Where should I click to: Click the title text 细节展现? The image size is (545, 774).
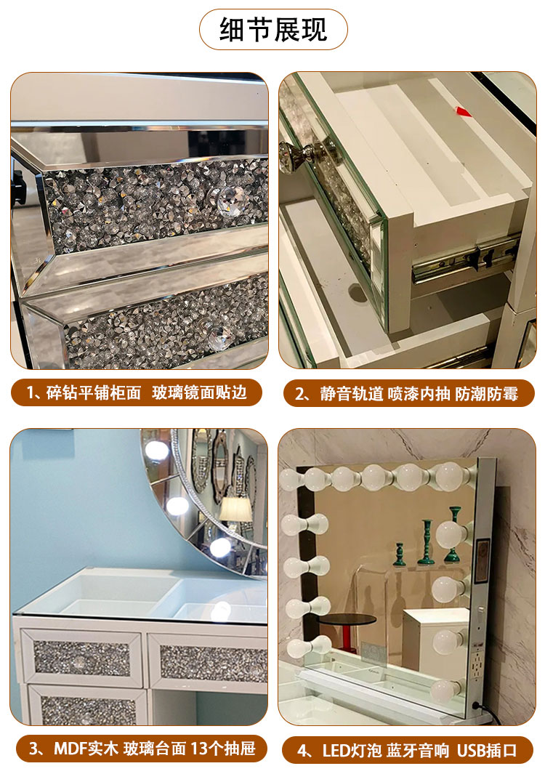pyautogui.click(x=273, y=29)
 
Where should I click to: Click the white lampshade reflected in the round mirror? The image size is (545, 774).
pyautogui.click(x=235, y=509)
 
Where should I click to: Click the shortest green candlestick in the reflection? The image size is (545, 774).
pyautogui.click(x=400, y=554)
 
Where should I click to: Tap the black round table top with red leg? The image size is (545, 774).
pyautogui.click(x=348, y=620)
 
